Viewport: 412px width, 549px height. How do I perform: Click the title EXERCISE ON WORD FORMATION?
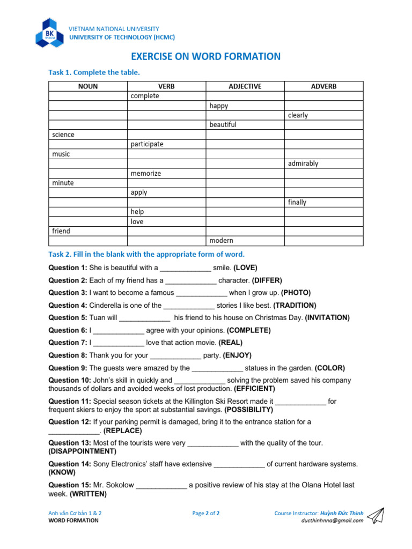[206, 56]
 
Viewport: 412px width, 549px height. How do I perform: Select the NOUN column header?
[87, 86]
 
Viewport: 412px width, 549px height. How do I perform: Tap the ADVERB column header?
[323, 86]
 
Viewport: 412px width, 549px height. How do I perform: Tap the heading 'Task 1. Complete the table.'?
[94, 72]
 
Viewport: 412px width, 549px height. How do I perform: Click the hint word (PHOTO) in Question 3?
[296, 293]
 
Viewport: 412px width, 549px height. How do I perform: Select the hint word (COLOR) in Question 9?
[330, 368]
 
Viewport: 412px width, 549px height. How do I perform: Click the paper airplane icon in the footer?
[378, 515]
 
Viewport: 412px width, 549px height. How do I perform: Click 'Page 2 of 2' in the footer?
[206, 513]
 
